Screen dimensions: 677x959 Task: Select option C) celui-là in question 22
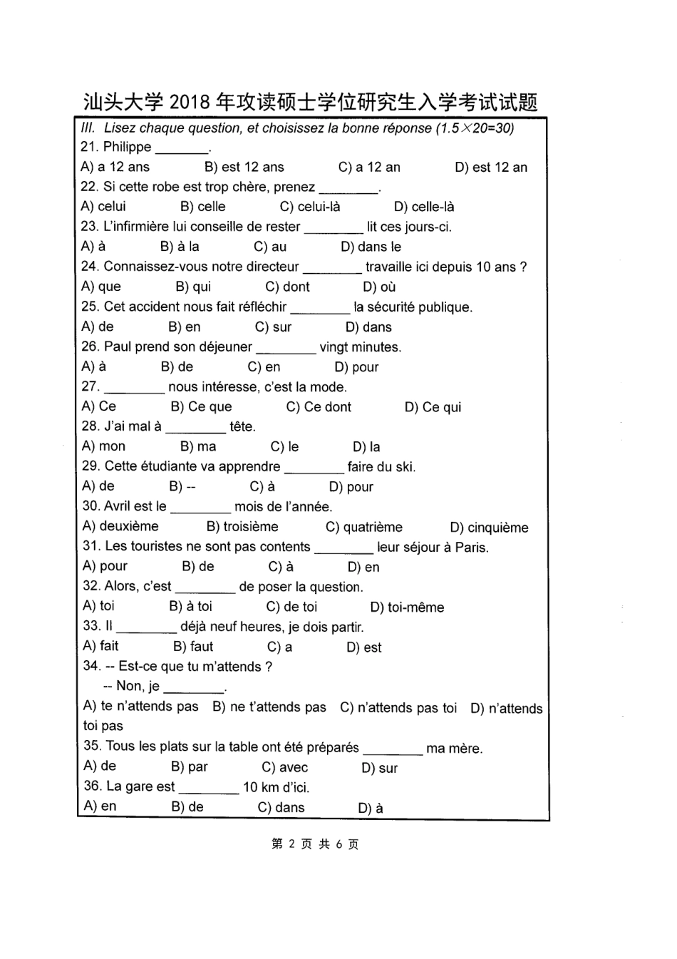[310, 207]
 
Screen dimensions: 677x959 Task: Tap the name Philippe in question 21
[127, 147]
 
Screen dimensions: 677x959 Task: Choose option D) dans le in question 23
[371, 247]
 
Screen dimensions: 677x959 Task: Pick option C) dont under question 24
[287, 287]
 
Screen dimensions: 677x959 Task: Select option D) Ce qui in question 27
[433, 407]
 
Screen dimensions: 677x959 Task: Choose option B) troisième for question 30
[242, 527]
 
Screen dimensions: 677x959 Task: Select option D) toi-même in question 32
[407, 607]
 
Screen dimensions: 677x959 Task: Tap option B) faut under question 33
[193, 647]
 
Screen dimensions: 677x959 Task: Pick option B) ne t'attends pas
[269, 707]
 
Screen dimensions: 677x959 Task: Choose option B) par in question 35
[190, 767]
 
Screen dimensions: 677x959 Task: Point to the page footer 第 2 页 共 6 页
[315, 844]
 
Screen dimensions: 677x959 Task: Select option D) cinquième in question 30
[489, 528]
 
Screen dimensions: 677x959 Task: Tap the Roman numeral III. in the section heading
[88, 128]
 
